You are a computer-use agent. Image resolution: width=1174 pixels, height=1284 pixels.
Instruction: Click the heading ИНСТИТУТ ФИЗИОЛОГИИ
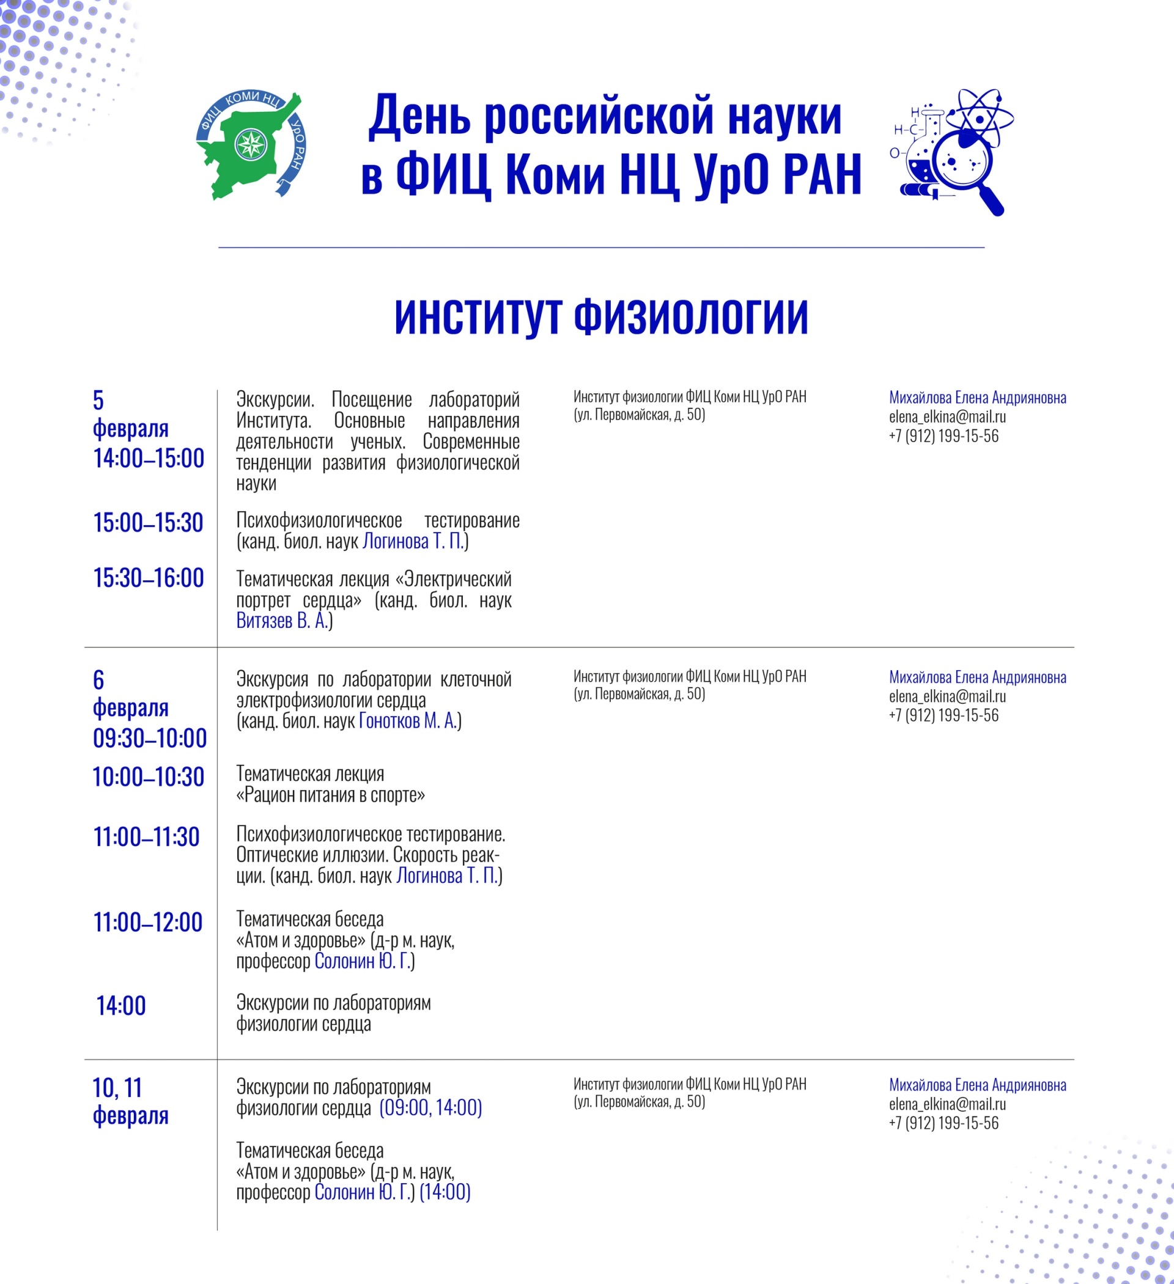(x=600, y=317)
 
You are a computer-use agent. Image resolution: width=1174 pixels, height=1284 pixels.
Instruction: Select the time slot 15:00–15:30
(x=148, y=523)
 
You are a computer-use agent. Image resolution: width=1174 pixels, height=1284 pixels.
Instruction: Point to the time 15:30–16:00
(x=149, y=578)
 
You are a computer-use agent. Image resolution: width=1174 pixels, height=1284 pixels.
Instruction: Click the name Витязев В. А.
(x=281, y=621)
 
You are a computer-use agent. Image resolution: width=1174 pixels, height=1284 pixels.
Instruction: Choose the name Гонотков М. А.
(x=408, y=721)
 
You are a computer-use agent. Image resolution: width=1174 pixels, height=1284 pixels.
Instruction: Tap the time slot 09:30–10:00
(x=150, y=738)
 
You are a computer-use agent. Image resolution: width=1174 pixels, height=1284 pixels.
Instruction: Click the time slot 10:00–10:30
(x=149, y=777)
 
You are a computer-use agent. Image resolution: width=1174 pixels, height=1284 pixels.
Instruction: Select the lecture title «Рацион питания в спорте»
(x=331, y=795)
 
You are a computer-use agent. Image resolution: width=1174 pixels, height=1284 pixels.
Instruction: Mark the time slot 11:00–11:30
(x=147, y=837)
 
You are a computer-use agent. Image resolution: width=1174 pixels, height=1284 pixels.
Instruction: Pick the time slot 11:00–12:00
(x=148, y=922)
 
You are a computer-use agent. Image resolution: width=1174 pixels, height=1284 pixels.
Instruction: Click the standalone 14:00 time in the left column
(x=121, y=1006)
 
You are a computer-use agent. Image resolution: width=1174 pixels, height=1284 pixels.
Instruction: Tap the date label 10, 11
(x=117, y=1088)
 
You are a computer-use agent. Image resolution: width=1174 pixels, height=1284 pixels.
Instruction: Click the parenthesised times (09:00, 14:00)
(x=430, y=1108)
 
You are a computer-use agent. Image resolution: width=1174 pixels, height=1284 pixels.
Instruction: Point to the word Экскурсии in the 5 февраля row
(x=275, y=400)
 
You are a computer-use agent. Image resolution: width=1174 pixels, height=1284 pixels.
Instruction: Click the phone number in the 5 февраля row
(x=943, y=437)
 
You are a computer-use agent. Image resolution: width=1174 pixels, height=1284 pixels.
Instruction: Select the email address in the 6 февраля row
(x=947, y=696)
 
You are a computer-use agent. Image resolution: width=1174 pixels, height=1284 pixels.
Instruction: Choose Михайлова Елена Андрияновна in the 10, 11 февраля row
(x=977, y=1085)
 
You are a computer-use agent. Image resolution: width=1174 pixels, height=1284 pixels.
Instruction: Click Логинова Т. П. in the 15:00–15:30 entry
(x=413, y=541)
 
